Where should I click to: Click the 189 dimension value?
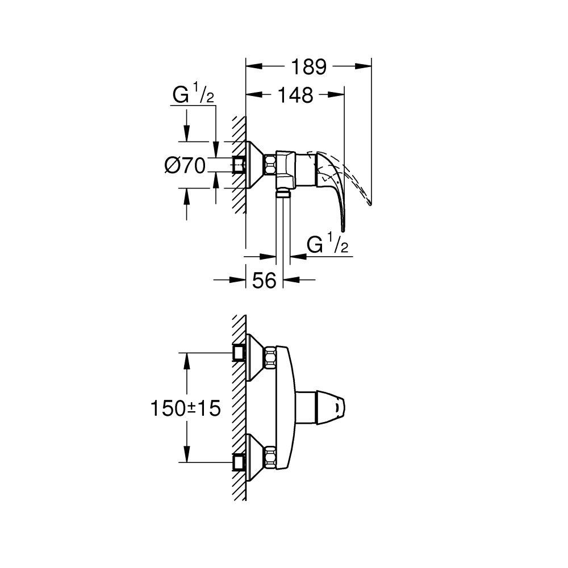click(309, 67)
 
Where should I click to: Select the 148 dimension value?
click(296, 95)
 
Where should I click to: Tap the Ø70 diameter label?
click(184, 165)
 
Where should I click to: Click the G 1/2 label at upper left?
click(193, 96)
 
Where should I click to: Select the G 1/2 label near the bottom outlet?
click(328, 245)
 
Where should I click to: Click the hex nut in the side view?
click(269, 165)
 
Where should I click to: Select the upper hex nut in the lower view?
click(269, 357)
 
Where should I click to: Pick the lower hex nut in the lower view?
click(269, 457)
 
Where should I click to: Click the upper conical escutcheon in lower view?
click(255, 357)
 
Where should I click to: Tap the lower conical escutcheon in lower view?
click(255, 457)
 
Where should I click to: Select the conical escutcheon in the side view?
click(255, 165)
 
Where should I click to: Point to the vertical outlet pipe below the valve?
click(282, 227)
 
